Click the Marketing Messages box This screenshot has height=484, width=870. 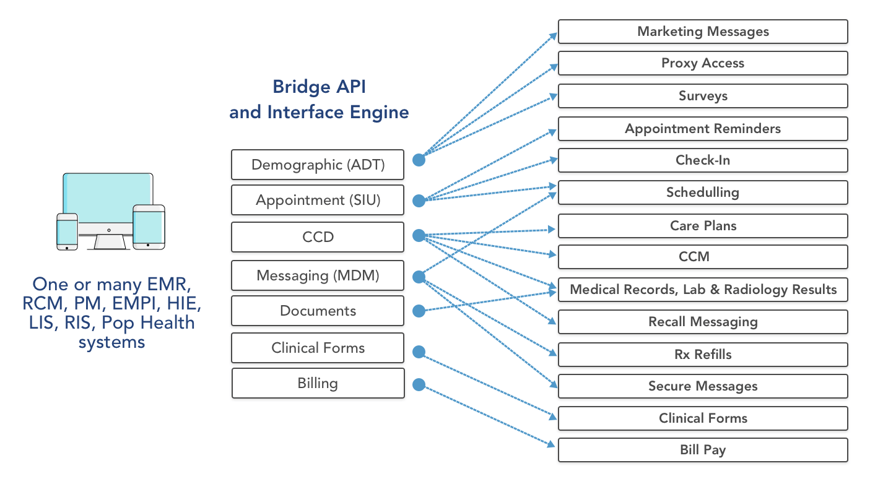703,32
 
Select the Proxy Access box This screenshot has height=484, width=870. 703,63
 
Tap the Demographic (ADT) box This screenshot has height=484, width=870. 318,165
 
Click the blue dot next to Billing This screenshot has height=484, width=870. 419,384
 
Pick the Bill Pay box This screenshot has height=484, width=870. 703,450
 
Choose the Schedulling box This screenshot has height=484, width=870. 703,192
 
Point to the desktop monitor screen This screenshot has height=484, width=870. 108,199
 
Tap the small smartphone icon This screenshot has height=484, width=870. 67,231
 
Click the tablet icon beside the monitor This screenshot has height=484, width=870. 149,227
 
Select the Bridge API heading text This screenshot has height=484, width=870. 319,87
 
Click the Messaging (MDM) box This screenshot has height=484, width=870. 318,275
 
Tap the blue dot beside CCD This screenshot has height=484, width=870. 419,236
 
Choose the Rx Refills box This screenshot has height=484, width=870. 703,355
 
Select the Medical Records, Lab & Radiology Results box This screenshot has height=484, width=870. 703,290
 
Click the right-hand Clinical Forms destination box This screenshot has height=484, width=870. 703,418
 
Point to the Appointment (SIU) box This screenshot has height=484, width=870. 318,200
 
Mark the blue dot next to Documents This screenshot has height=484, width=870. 419,311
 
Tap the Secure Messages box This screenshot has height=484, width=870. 703,386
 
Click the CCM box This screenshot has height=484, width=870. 703,257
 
